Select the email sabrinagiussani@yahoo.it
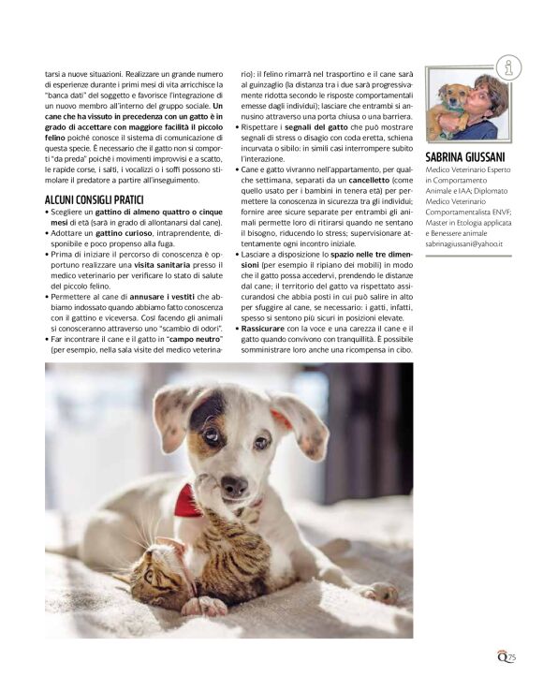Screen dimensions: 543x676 pyautogui.click(x=465, y=242)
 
